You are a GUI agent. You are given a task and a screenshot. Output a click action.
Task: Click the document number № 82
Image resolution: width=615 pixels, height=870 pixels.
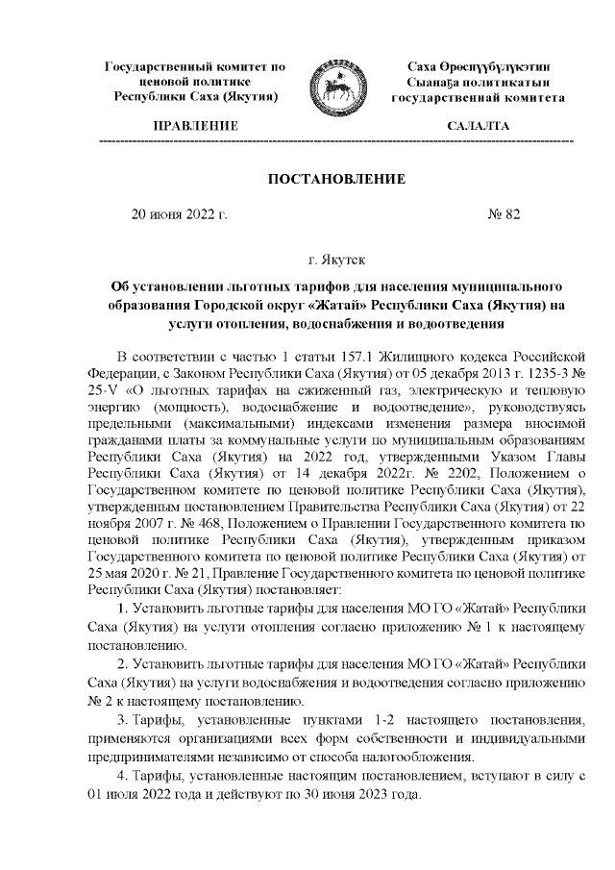click(504, 214)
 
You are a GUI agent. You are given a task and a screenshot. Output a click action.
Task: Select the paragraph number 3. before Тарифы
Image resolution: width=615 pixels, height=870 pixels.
click(122, 720)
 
